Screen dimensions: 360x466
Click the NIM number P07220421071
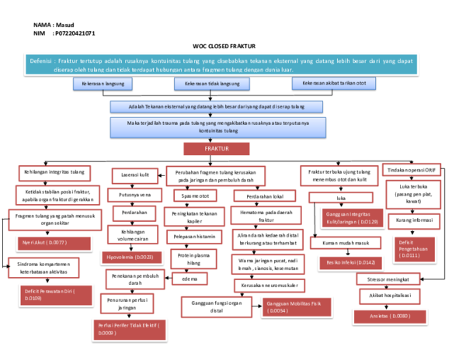75,34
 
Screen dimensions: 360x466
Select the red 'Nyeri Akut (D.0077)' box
47,243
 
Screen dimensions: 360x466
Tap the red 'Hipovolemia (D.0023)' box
134,255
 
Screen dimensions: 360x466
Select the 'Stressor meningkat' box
391,279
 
